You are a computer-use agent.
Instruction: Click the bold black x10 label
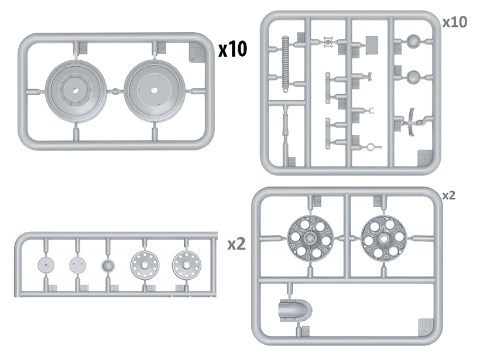click(233, 49)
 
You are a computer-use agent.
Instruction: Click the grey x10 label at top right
click(454, 22)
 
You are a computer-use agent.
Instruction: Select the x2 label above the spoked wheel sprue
click(448, 196)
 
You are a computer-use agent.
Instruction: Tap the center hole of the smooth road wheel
click(154, 91)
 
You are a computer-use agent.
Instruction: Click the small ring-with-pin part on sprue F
click(370, 147)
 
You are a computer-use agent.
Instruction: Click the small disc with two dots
click(77, 265)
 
